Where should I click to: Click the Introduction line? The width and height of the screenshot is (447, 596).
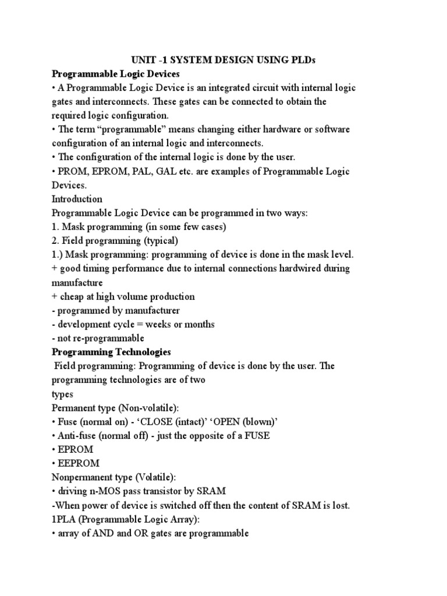point(77,199)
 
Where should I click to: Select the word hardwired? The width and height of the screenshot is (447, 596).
point(290,268)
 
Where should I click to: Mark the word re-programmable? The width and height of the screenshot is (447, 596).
point(109,338)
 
